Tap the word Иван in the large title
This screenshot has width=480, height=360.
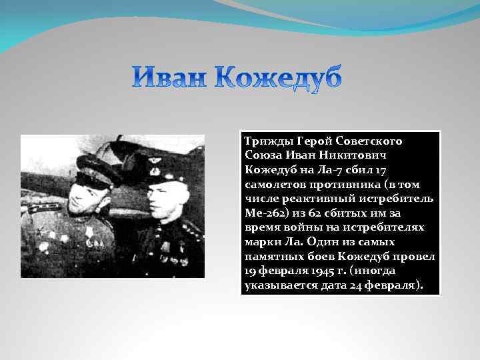(171, 79)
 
